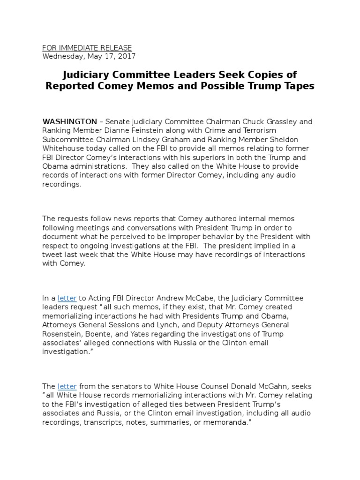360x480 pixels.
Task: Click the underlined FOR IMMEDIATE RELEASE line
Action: pyautogui.click(x=87, y=48)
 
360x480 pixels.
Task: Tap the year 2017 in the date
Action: pyautogui.click(x=126, y=56)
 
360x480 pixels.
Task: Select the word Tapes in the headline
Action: pyautogui.click(x=298, y=86)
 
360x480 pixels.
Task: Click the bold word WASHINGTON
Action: pyautogui.click(x=70, y=122)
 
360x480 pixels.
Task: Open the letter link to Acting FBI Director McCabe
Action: pyautogui.click(x=67, y=298)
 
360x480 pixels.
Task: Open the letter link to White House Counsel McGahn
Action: pyautogui.click(x=67, y=386)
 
